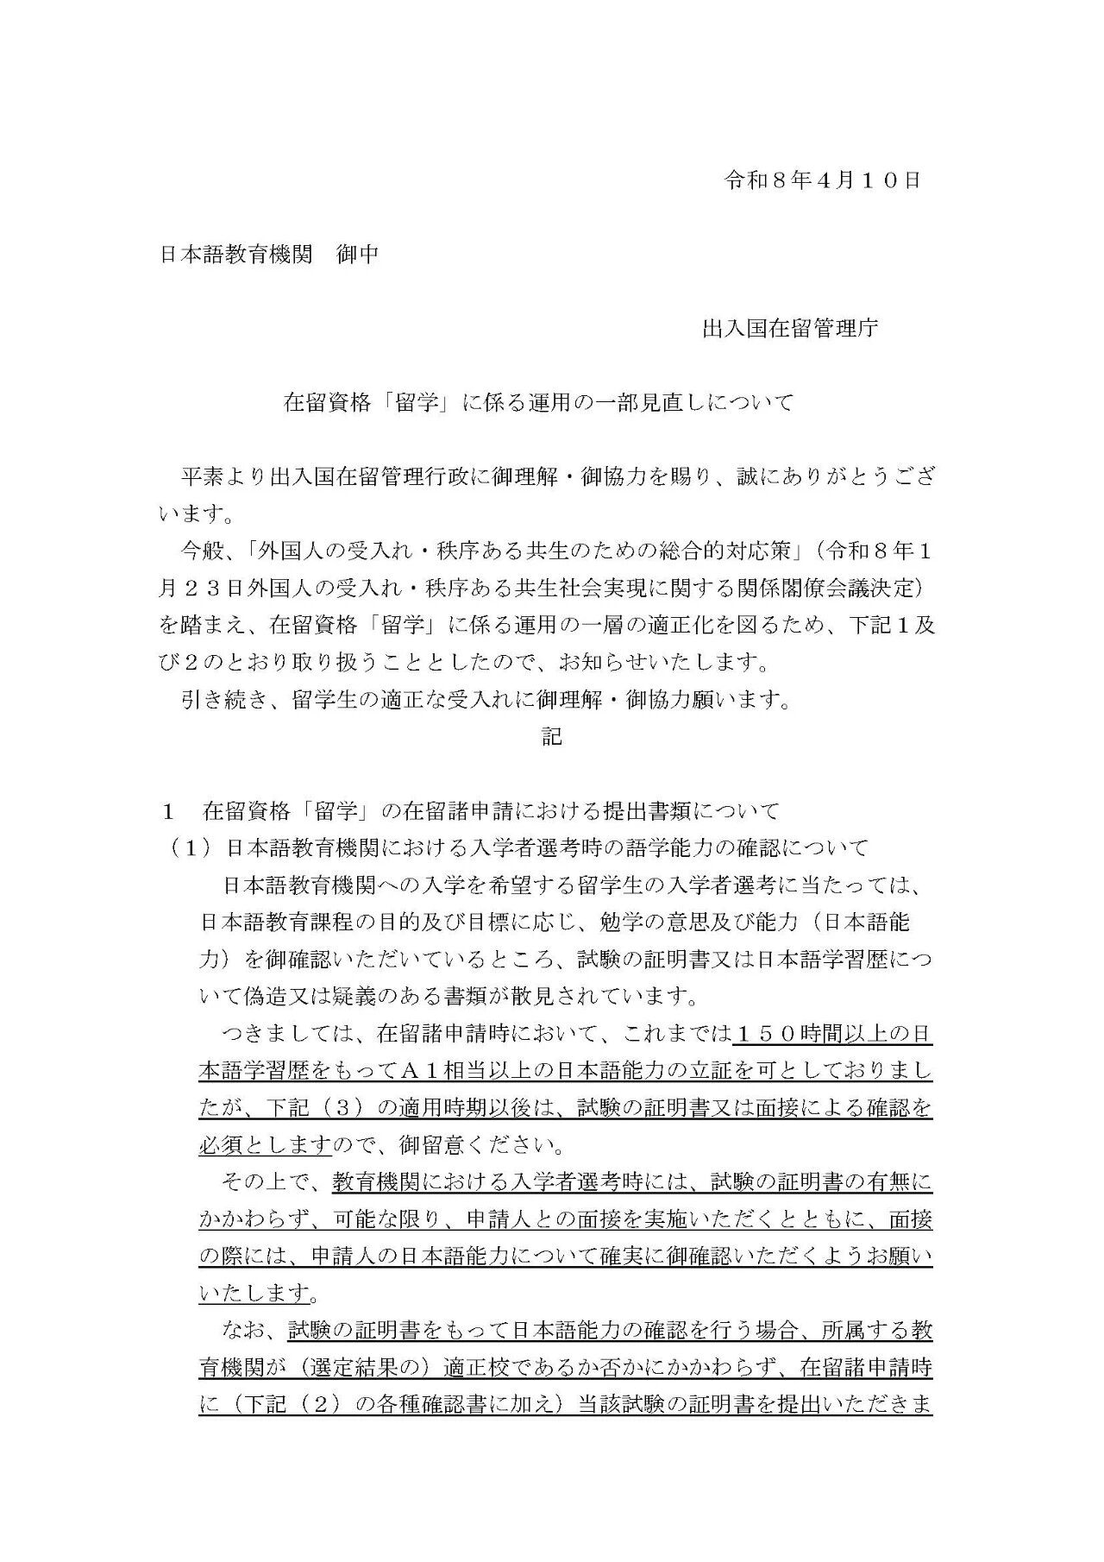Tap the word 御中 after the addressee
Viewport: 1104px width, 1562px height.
(x=357, y=255)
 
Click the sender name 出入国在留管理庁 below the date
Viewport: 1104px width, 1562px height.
(x=790, y=329)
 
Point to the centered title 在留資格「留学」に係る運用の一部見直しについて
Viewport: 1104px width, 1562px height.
(x=539, y=403)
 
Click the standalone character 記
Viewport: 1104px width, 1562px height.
(x=552, y=736)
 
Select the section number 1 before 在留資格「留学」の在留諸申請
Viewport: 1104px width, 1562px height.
(x=170, y=811)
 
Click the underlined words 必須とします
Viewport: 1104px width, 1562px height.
(x=265, y=1146)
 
